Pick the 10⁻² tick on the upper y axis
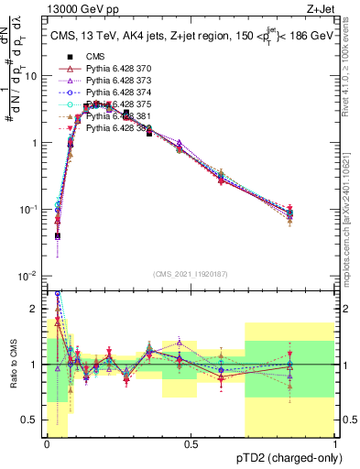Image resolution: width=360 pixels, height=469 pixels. [29, 276]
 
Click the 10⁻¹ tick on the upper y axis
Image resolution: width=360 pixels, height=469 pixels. [29, 209]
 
